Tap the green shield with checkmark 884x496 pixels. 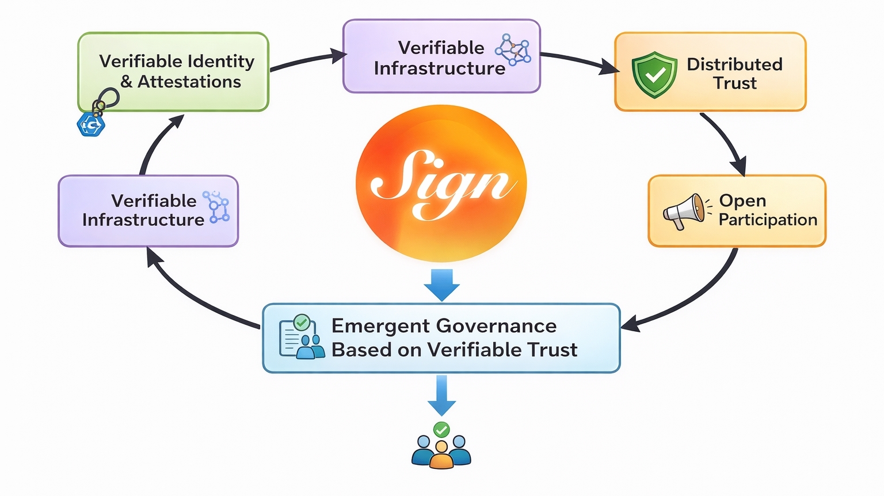click(x=654, y=74)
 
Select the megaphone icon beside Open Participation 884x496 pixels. click(x=684, y=211)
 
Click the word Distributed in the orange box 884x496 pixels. click(x=734, y=64)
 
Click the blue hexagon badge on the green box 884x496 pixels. click(x=90, y=124)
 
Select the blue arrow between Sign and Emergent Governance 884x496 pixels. click(x=441, y=284)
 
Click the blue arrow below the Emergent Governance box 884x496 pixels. click(x=441, y=395)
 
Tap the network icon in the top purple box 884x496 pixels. click(x=513, y=49)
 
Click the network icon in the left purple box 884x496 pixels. click(x=217, y=207)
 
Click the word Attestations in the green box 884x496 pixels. click(x=189, y=82)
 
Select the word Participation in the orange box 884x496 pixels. click(x=768, y=220)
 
